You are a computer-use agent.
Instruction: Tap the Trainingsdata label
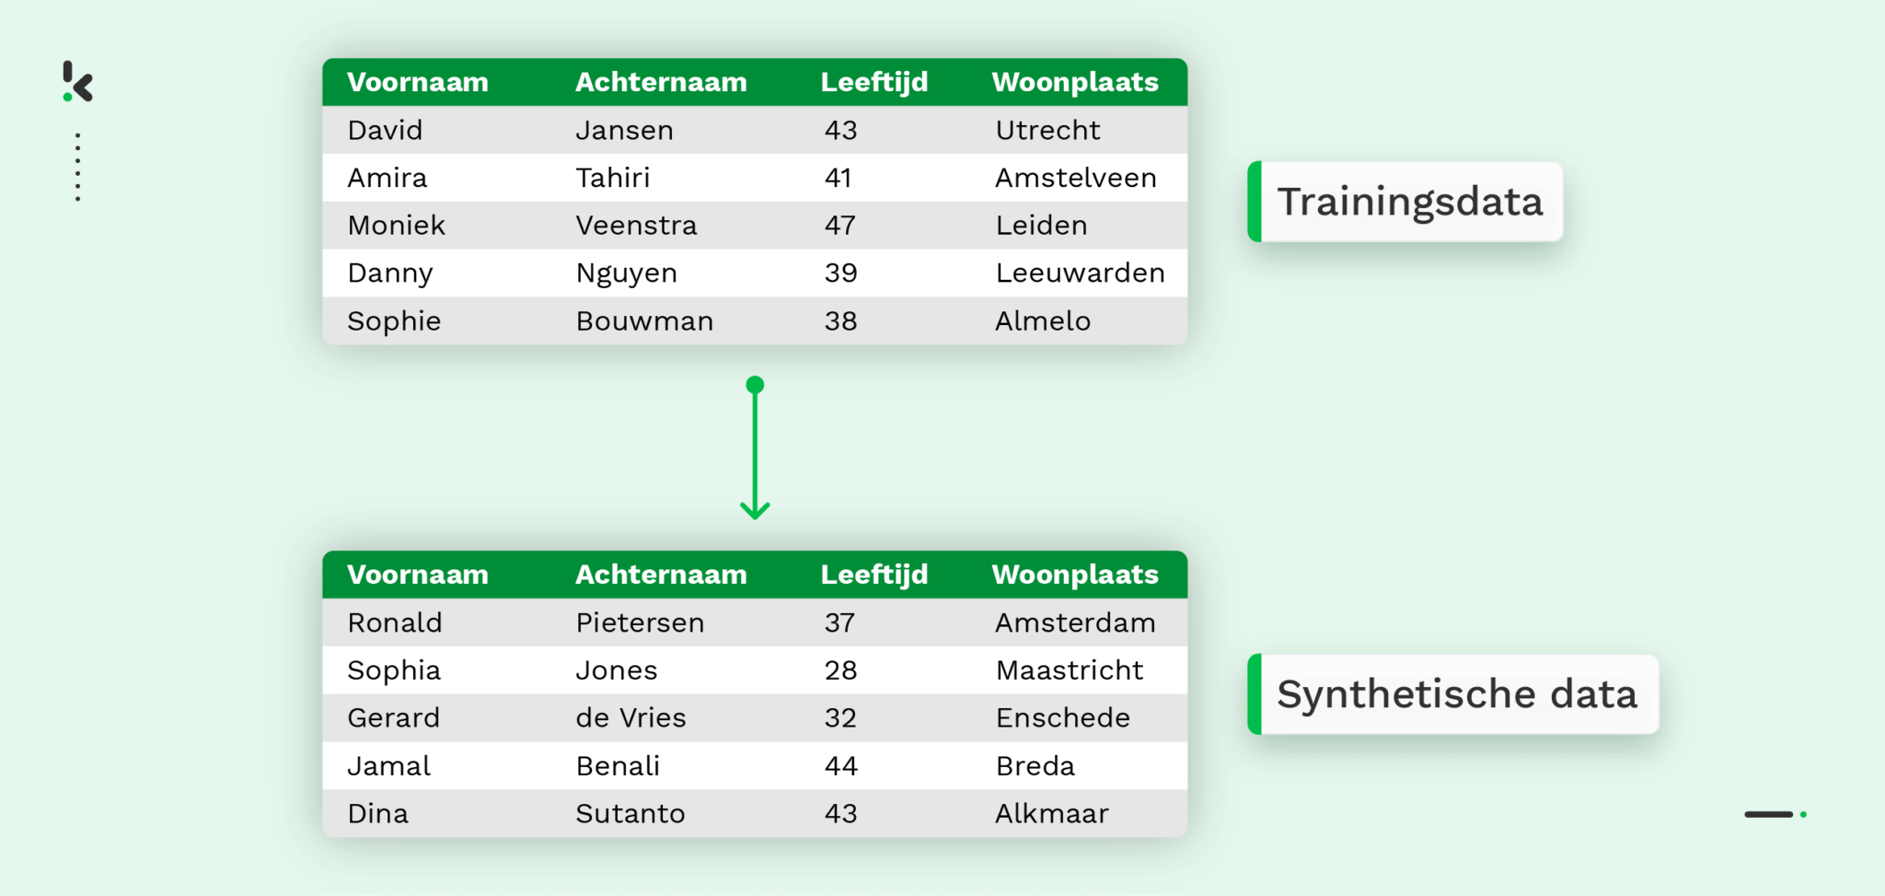point(1408,202)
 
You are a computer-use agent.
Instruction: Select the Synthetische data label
point(1456,694)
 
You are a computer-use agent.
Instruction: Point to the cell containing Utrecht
point(1047,130)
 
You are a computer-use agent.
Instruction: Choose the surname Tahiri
point(613,178)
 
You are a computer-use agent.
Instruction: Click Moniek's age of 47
point(840,226)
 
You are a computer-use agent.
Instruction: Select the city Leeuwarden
point(1080,273)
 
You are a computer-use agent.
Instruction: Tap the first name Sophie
point(394,321)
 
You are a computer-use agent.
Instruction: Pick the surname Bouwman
point(644,321)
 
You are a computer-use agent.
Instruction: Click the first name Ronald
point(395,623)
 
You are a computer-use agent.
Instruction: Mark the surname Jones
point(617,670)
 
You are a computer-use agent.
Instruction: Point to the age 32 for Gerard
point(840,718)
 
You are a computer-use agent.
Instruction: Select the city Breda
point(1035,766)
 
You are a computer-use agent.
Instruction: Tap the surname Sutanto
point(630,814)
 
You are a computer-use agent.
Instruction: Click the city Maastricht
point(1070,670)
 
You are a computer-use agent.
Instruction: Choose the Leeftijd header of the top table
point(874,82)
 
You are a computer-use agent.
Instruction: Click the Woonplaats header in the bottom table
point(1075,575)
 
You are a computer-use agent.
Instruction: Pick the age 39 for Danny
point(840,273)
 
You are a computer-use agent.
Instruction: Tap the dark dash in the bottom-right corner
point(1768,814)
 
